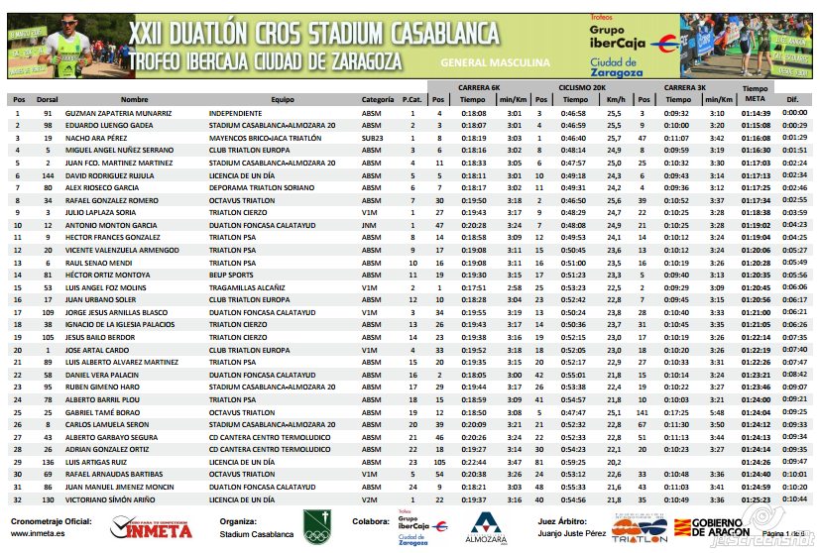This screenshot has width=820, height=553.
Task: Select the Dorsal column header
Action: [x=48, y=100]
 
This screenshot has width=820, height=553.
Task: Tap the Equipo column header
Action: [x=283, y=100]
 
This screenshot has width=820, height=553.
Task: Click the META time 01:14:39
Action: [x=755, y=114]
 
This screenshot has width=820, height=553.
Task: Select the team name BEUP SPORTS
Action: [x=232, y=275]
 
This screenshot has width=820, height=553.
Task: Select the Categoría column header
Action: [x=377, y=100]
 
